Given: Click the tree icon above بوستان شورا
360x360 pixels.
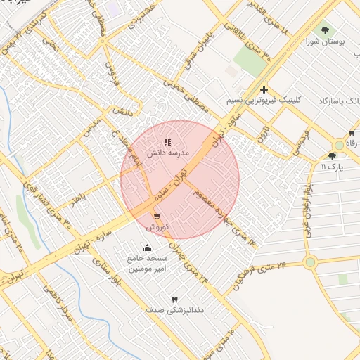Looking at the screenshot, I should click(x=325, y=30).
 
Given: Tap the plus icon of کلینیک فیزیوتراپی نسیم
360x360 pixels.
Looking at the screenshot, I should click(x=264, y=89).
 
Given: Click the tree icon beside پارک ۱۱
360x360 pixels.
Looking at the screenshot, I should click(x=332, y=156).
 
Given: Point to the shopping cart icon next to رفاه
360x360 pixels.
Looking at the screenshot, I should click(x=351, y=133).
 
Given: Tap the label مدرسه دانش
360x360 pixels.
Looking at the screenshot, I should click(x=167, y=152).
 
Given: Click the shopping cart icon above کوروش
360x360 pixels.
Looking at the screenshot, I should click(x=156, y=217).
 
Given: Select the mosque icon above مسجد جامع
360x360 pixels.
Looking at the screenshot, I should click(x=146, y=247).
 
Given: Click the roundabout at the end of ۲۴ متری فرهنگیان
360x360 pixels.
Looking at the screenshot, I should click(x=310, y=262).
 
